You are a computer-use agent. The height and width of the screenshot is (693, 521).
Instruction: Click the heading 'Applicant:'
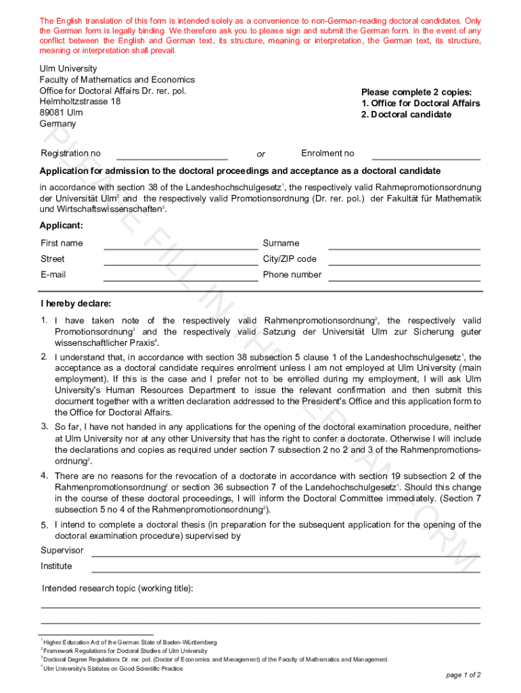(62, 225)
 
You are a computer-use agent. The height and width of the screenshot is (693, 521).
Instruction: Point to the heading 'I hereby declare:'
(76, 303)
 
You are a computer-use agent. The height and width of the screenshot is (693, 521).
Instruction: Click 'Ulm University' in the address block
(68, 68)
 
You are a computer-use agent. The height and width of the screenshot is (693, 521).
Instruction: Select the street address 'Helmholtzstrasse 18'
(80, 102)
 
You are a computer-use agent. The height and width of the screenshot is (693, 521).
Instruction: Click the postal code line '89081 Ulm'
(62, 112)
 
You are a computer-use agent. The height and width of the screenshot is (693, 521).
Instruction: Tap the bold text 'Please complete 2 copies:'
(416, 92)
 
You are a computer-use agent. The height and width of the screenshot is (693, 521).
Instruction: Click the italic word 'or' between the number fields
(261, 154)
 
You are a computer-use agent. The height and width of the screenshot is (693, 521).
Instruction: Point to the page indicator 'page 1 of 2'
(463, 675)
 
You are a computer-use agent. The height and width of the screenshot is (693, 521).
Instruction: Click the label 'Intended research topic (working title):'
(118, 588)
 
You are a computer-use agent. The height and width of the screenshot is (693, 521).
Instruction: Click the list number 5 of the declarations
(44, 526)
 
